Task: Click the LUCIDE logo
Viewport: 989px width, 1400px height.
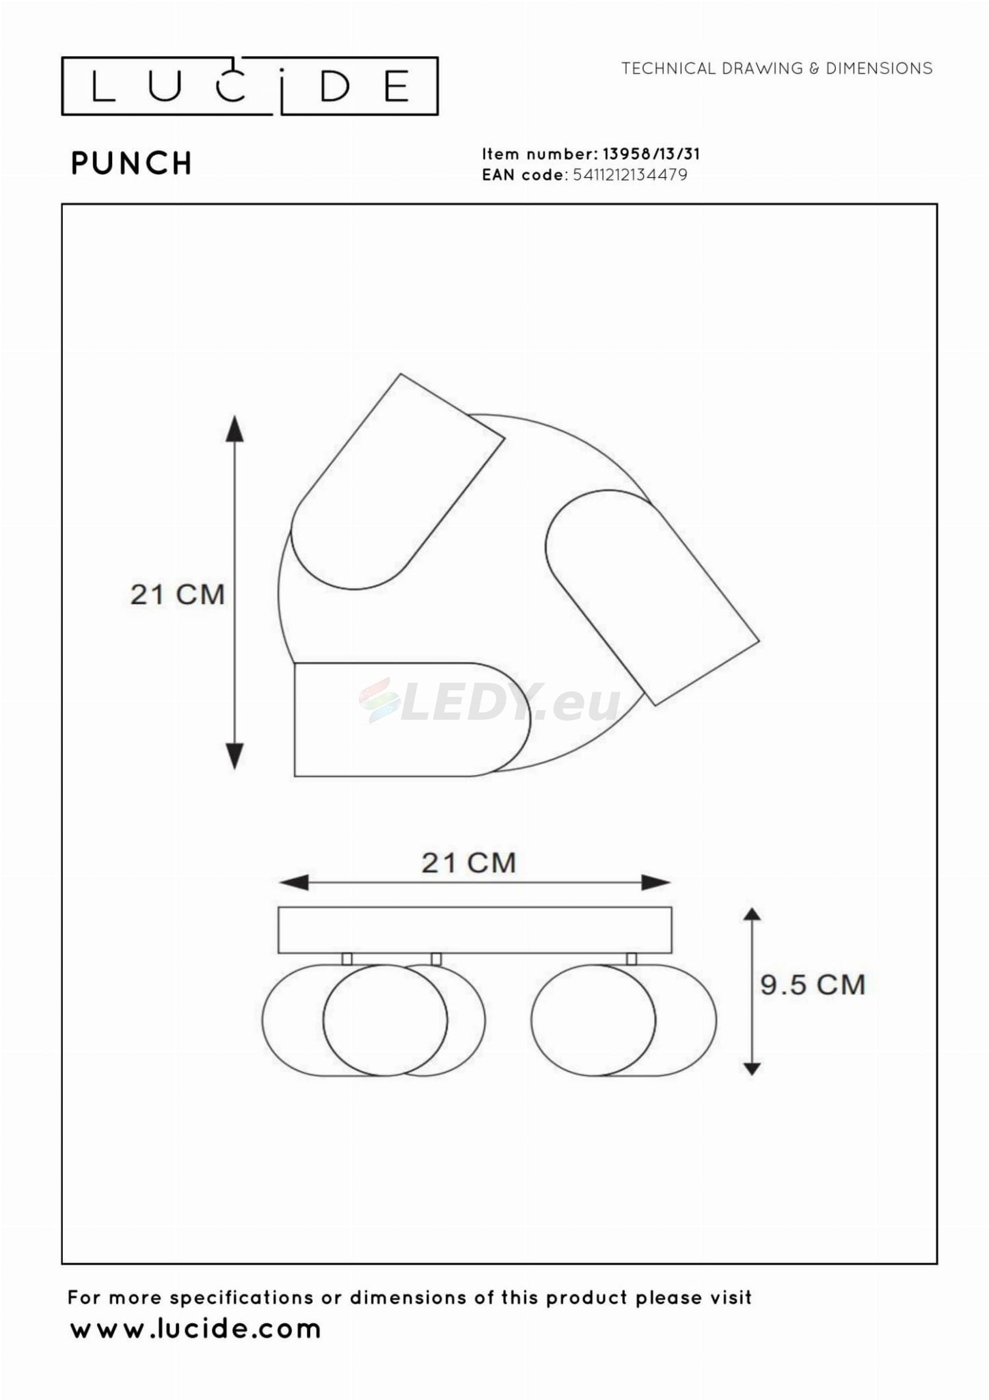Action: click(x=249, y=86)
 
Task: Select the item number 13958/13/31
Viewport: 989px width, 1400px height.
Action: click(x=651, y=154)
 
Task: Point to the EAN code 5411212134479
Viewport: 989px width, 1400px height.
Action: click(x=629, y=175)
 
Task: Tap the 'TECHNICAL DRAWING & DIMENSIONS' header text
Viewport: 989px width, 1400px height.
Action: click(x=776, y=68)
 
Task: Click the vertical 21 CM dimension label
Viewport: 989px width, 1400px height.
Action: click(x=178, y=594)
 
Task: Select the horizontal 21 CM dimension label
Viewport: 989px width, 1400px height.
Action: click(x=468, y=863)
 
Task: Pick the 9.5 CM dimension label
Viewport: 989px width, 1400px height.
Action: click(x=813, y=985)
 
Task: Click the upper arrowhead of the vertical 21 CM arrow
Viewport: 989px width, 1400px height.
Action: click(x=234, y=428)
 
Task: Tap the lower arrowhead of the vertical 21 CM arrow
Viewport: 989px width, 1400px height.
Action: click(x=234, y=756)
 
